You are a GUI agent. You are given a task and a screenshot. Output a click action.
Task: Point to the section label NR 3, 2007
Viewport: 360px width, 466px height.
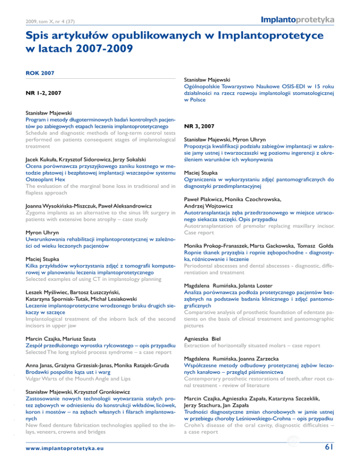tap(201, 127)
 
